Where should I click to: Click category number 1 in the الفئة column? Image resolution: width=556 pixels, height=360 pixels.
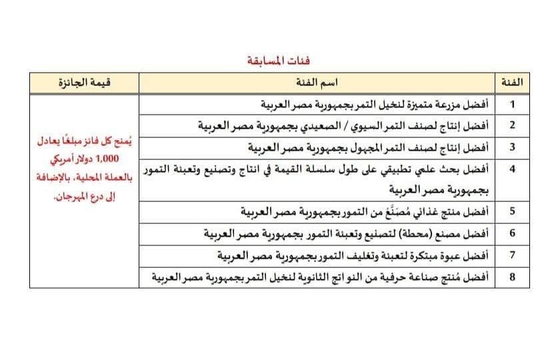coord(512,104)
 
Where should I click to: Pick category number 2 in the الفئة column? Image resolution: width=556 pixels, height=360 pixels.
coord(512,125)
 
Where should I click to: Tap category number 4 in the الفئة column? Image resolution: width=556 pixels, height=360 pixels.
coord(512,169)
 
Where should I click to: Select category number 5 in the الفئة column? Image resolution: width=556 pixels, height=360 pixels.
coord(512,211)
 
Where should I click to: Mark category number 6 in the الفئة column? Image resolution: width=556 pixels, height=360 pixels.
coord(512,233)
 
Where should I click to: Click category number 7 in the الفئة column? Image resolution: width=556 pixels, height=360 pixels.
coord(512,255)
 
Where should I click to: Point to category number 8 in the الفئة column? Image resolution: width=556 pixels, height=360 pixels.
coord(512,276)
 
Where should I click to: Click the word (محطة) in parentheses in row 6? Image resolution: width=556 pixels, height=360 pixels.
coord(414,233)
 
